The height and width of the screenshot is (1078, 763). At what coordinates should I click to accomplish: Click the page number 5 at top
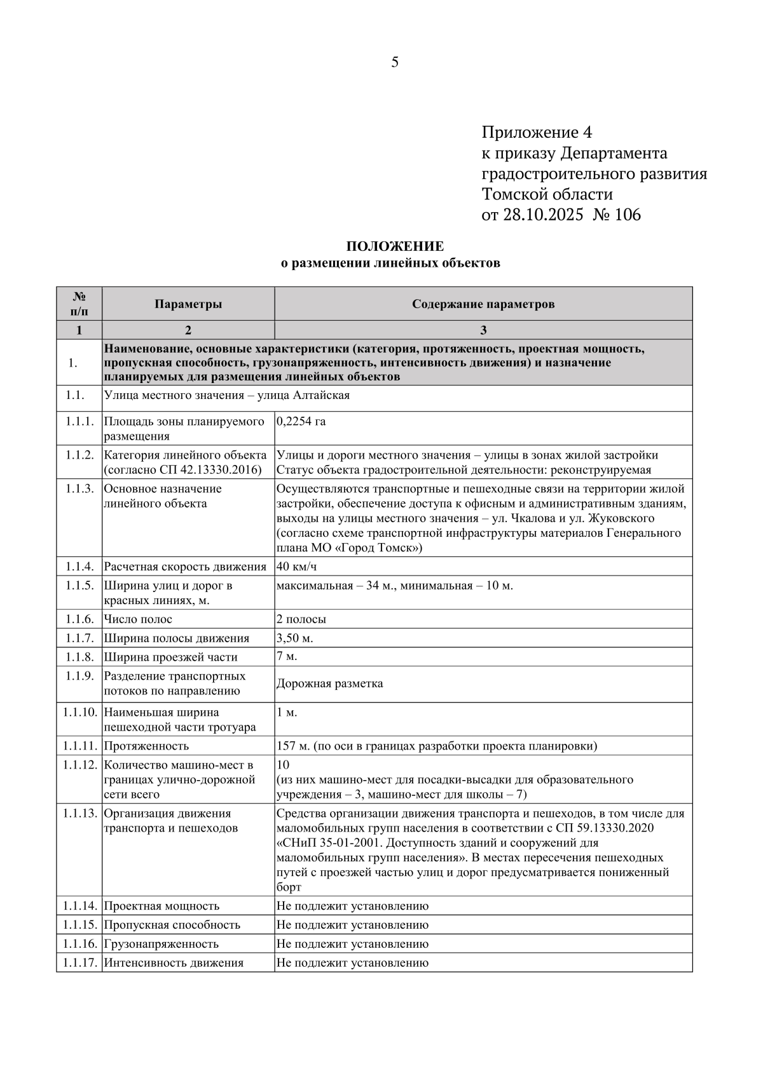click(x=395, y=62)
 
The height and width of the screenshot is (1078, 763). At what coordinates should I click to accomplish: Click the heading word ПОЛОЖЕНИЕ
click(x=395, y=246)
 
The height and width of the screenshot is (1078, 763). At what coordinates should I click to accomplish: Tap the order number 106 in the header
click(x=628, y=215)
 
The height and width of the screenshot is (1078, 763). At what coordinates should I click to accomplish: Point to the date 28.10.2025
click(x=542, y=215)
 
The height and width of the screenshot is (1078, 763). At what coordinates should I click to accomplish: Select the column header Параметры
click(x=188, y=304)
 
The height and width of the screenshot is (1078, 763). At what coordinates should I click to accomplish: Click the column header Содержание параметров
click(x=483, y=304)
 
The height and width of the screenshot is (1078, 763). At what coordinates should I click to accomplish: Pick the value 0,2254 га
click(x=301, y=421)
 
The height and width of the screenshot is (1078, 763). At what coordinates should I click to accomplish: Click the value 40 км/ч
click(x=296, y=567)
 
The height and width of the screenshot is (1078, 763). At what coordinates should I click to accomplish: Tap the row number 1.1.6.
click(x=79, y=619)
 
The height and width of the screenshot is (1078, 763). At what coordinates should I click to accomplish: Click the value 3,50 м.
click(x=295, y=638)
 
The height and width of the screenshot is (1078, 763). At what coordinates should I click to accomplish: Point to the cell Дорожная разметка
click(x=330, y=684)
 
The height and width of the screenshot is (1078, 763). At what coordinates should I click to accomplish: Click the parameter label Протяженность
click(x=146, y=746)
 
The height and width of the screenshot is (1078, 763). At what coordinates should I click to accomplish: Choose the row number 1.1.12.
click(x=79, y=765)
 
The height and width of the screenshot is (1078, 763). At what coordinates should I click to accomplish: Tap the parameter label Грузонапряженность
click(x=161, y=944)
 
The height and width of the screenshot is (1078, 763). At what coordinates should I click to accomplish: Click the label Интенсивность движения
click(x=174, y=963)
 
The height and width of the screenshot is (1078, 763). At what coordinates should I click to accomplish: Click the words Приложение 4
click(x=537, y=133)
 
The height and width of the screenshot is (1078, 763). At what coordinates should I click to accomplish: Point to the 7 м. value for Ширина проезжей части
click(x=287, y=657)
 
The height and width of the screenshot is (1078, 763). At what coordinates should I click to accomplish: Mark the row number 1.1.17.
click(x=79, y=963)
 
